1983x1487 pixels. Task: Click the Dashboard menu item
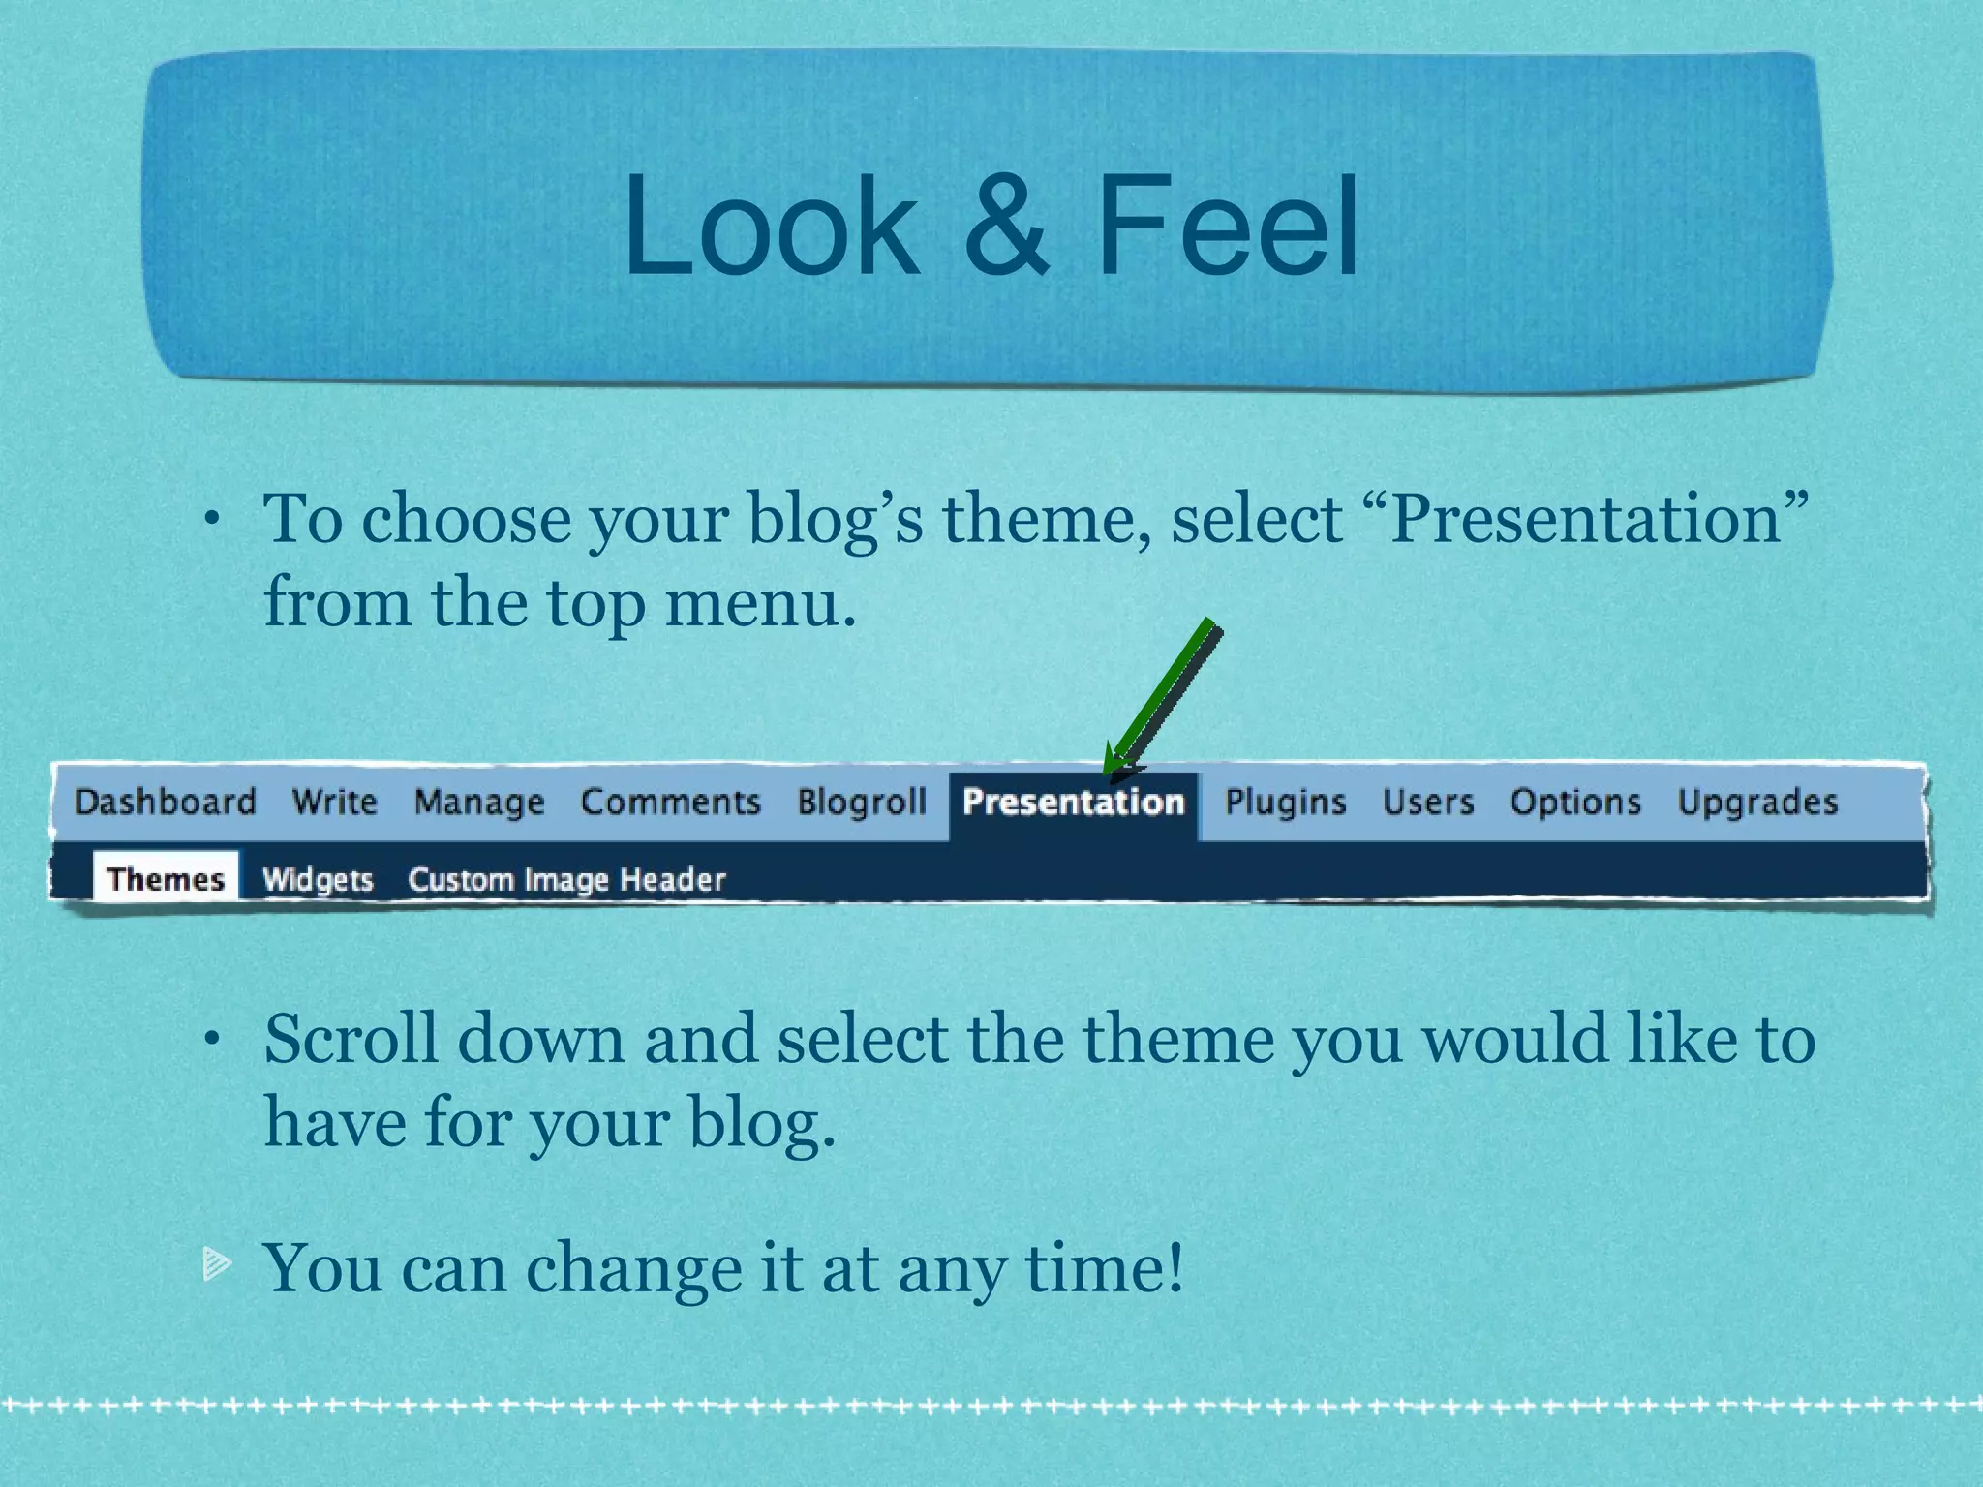(166, 802)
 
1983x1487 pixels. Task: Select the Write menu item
(335, 802)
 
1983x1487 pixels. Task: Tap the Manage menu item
(479, 803)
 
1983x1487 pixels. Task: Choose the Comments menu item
(671, 802)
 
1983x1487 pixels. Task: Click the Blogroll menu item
(862, 802)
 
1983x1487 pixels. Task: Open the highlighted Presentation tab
(1074, 803)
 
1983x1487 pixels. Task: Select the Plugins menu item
(1286, 803)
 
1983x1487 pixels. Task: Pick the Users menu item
(1428, 802)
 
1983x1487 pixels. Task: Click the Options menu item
(1575, 803)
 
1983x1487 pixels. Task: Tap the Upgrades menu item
(1757, 803)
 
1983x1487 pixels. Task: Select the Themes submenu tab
(166, 878)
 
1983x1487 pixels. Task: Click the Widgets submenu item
(318, 879)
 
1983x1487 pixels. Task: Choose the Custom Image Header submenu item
(566, 879)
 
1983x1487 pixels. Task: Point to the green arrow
(1163, 698)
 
